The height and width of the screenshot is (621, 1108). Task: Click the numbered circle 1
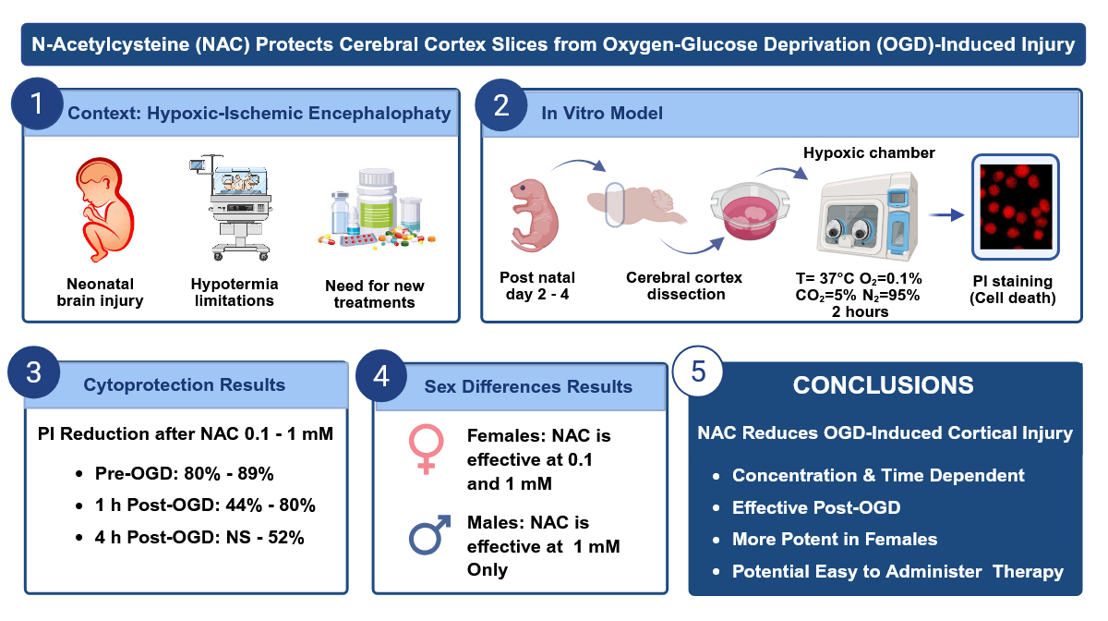point(37,104)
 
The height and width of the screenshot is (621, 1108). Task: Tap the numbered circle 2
point(501,105)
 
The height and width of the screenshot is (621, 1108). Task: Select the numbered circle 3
point(33,371)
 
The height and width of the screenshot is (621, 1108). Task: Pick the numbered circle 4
point(380,376)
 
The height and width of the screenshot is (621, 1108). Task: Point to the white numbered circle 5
point(698,371)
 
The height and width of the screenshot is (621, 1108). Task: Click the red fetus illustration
point(104,210)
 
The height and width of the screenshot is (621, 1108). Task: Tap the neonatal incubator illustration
point(231,208)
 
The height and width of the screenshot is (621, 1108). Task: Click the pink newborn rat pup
point(535,215)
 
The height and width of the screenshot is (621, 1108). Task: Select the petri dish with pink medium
point(750,212)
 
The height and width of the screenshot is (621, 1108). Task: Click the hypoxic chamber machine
point(868,216)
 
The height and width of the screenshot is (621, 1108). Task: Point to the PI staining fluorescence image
point(1016,207)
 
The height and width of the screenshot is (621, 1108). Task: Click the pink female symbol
point(426,449)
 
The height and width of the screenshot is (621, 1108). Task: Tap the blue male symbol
point(429,535)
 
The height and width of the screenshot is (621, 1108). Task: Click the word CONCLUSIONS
point(883,385)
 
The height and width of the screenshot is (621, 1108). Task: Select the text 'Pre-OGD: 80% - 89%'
point(184,474)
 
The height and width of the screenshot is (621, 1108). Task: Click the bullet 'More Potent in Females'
point(835,540)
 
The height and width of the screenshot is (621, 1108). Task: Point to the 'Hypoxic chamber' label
point(869,153)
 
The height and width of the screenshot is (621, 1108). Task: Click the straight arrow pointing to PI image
point(946,215)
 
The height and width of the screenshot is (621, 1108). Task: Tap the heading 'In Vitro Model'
point(602,114)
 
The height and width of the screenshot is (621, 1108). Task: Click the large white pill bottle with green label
point(377,200)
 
